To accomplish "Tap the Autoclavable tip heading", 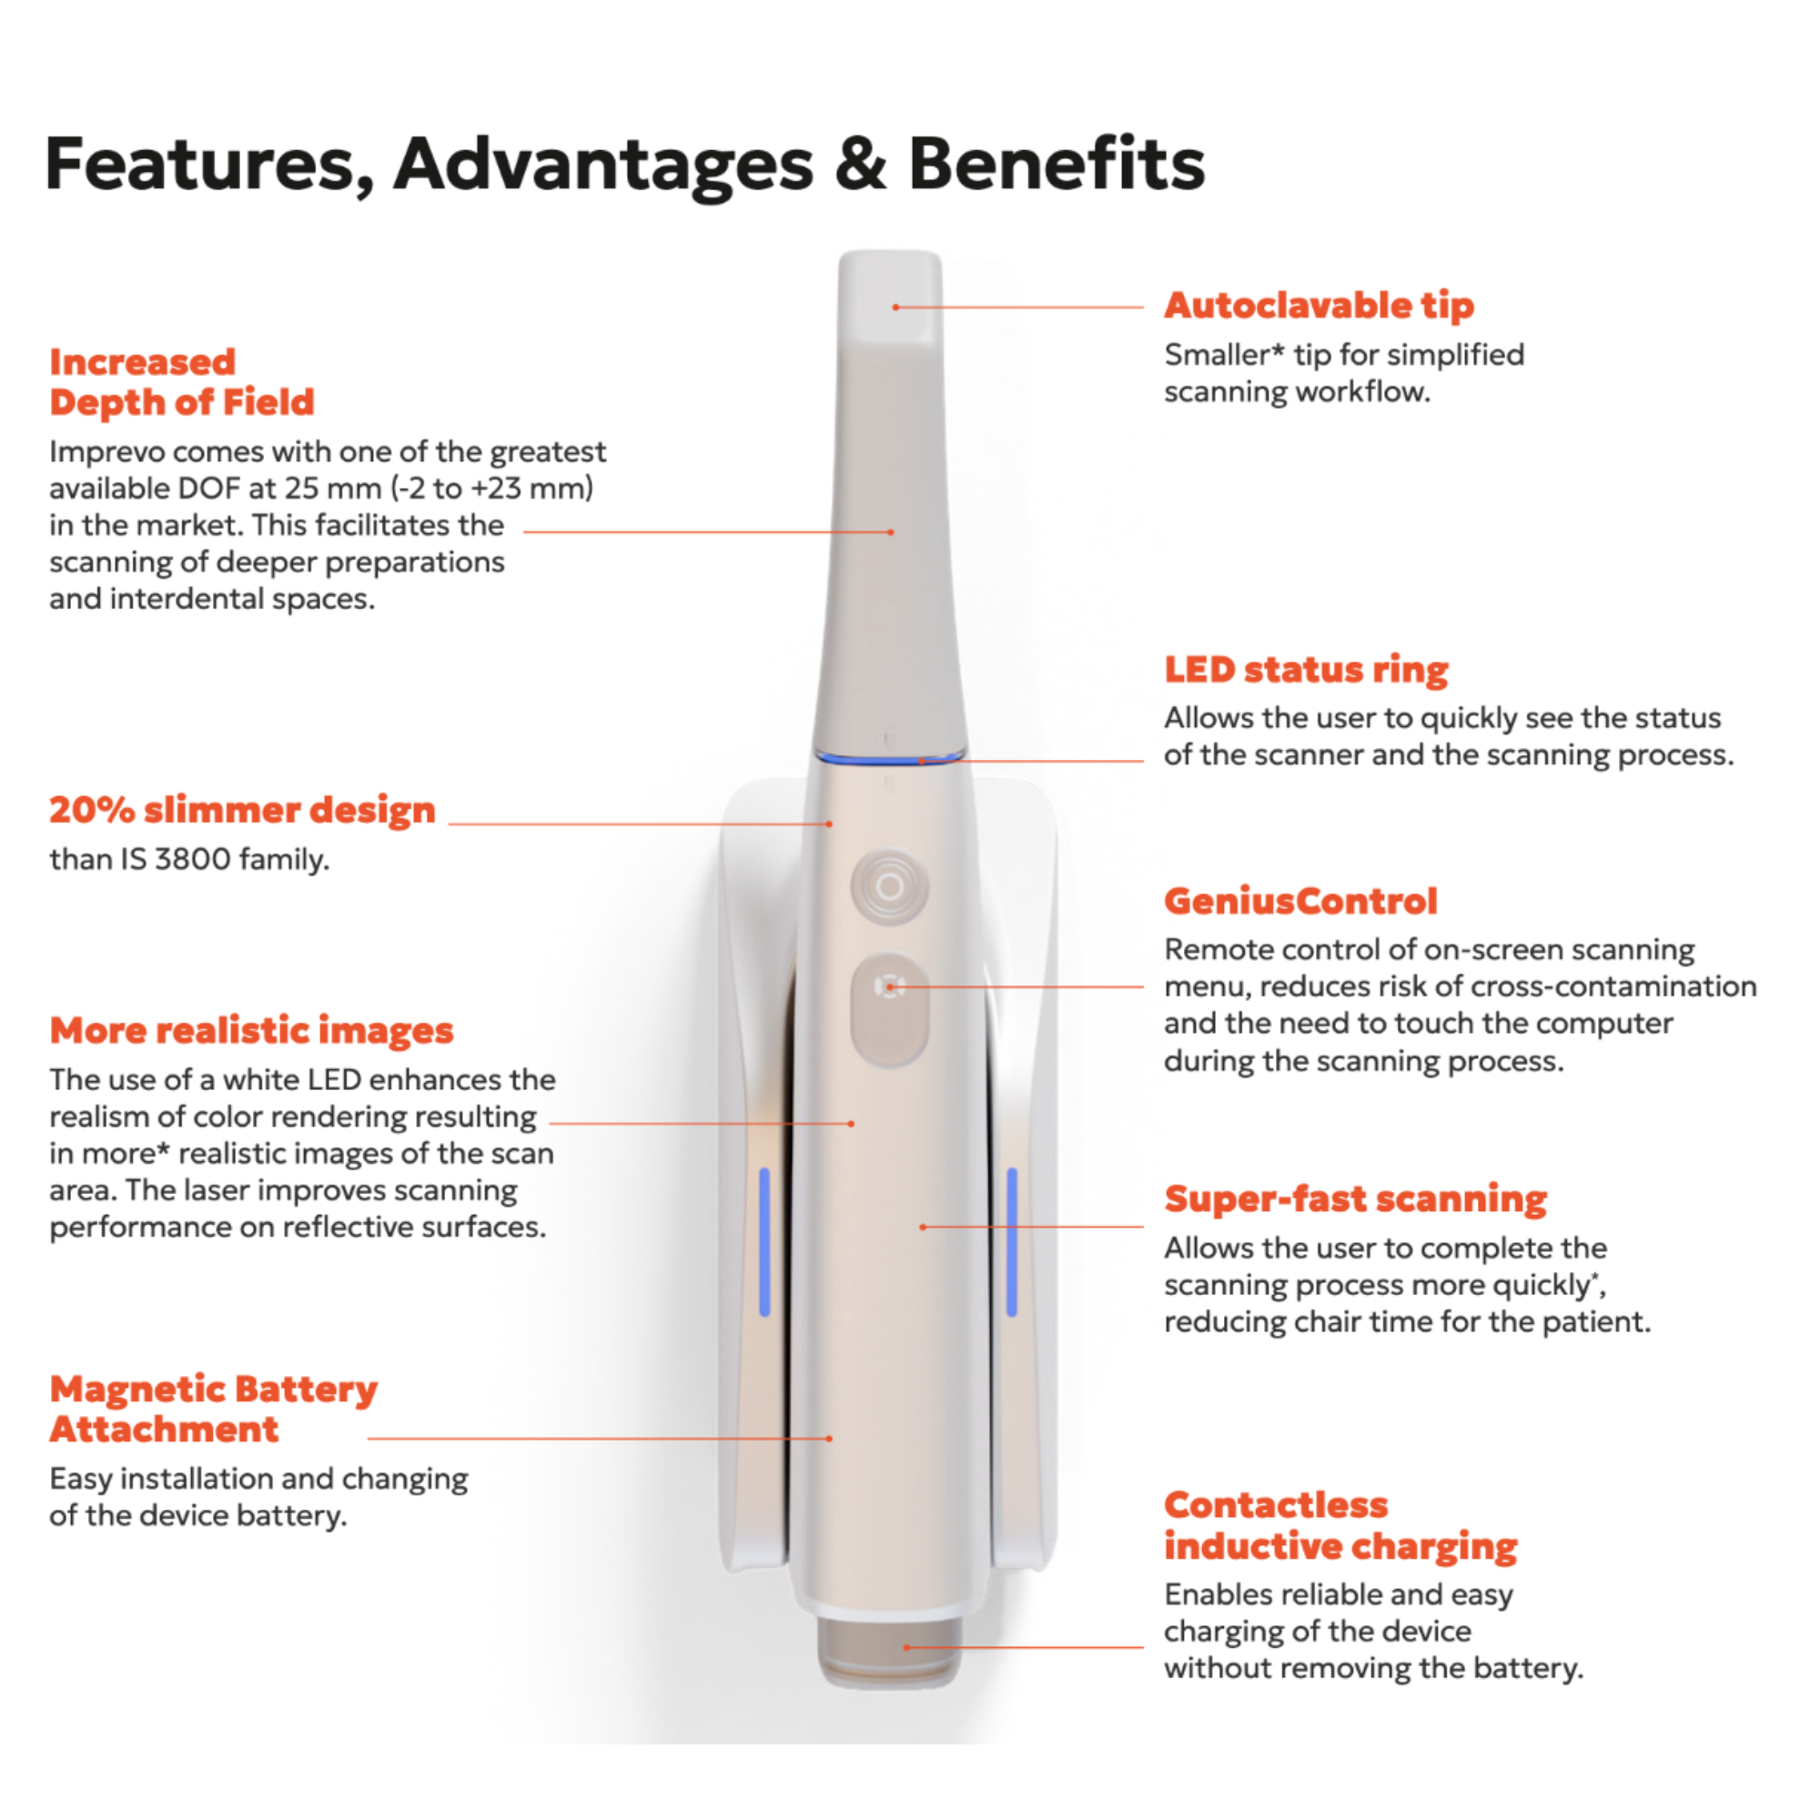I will [x=1319, y=306].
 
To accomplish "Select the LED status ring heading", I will [x=1306, y=670].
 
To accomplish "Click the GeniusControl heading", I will [x=1300, y=902].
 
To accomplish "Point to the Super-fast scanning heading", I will [x=1355, y=1199].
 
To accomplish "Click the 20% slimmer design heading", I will [x=242, y=810].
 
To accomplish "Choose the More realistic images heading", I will [x=251, y=1031].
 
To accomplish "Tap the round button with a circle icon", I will [x=889, y=886].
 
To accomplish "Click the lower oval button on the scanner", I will [x=889, y=1011].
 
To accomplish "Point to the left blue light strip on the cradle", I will [x=764, y=1240].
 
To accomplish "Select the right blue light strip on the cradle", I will [x=1012, y=1240].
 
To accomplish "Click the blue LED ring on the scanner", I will [x=890, y=758].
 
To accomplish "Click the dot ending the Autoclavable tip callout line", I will [x=895, y=307].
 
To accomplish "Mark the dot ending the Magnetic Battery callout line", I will [x=829, y=1439].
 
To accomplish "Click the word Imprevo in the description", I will [x=106, y=452].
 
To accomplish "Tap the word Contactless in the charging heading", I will [x=1276, y=1505].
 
